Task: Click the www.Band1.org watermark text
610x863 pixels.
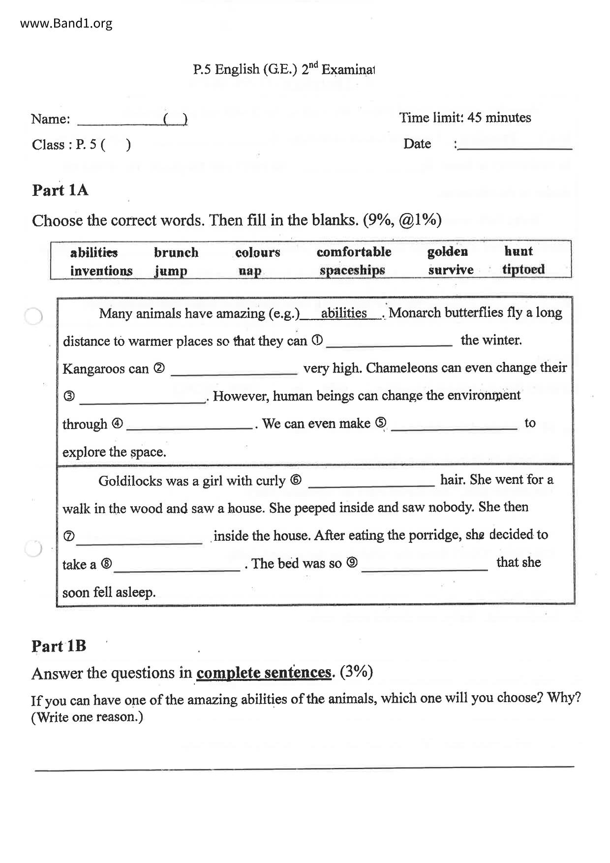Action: tap(66, 23)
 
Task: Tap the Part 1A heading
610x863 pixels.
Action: tap(60, 190)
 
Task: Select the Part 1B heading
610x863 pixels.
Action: tap(59, 646)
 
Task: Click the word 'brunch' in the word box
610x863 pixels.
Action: tap(176, 252)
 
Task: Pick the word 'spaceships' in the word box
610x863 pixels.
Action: tap(352, 270)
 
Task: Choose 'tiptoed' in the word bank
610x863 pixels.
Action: tap(523, 269)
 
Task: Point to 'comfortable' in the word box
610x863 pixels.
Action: tap(354, 252)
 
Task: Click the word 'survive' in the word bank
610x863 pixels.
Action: tap(451, 270)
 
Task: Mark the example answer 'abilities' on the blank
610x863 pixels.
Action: tap(344, 313)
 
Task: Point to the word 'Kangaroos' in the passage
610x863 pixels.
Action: tap(105, 369)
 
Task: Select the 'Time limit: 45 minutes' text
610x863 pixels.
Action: tap(465, 118)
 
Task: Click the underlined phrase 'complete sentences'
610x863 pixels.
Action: tap(264, 673)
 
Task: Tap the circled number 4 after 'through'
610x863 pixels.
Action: tap(117, 423)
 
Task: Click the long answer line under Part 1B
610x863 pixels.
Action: tap(304, 767)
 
